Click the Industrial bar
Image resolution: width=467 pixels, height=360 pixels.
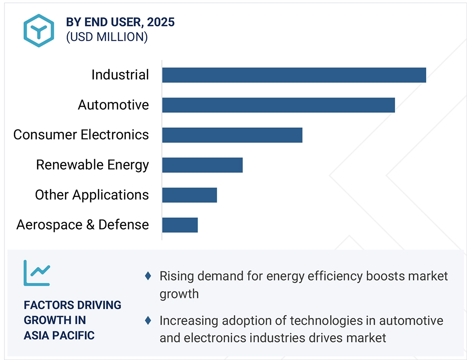point(294,75)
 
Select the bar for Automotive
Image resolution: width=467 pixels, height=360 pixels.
point(278,105)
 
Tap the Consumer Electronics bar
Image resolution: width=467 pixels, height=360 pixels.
point(232,135)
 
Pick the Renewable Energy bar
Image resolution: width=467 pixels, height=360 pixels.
point(202,165)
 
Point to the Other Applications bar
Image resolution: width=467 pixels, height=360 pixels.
point(189,195)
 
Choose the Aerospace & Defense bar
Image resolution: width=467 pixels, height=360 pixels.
point(180,225)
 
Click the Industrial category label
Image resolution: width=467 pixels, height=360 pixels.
point(120,75)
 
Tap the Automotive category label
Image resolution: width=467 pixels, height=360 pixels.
point(113,105)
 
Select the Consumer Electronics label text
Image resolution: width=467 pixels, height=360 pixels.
point(81,135)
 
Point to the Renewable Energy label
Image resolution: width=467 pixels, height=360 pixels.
point(93,165)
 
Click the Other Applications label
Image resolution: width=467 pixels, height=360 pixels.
point(92,195)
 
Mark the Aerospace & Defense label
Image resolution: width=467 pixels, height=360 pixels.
point(83,225)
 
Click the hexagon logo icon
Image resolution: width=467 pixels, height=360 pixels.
point(39,30)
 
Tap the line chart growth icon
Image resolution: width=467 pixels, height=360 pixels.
point(37,273)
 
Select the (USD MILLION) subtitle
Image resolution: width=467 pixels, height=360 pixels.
point(107,37)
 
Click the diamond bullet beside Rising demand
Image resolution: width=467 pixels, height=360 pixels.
point(148,276)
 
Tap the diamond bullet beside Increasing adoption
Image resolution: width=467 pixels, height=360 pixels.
point(148,320)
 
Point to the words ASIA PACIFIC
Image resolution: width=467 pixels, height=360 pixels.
point(59,335)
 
